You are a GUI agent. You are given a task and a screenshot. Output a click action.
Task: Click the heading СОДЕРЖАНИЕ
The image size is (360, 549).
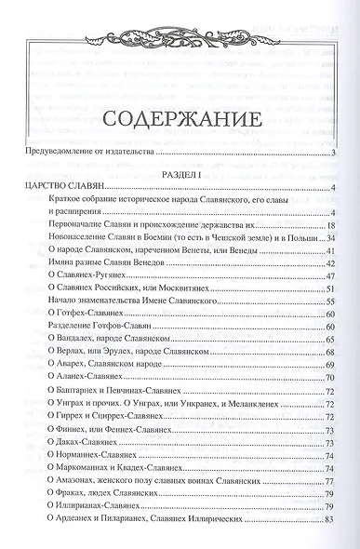(180, 122)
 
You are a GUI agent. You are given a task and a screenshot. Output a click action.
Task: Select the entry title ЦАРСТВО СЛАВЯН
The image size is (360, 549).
(60, 190)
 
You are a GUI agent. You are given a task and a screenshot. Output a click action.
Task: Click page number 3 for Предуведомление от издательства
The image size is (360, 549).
(332, 152)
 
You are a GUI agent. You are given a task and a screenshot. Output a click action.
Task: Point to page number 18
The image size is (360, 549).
(329, 226)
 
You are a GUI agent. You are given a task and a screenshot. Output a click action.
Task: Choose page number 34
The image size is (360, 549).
(329, 240)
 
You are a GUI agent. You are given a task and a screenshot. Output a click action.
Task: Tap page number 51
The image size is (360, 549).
(329, 290)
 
